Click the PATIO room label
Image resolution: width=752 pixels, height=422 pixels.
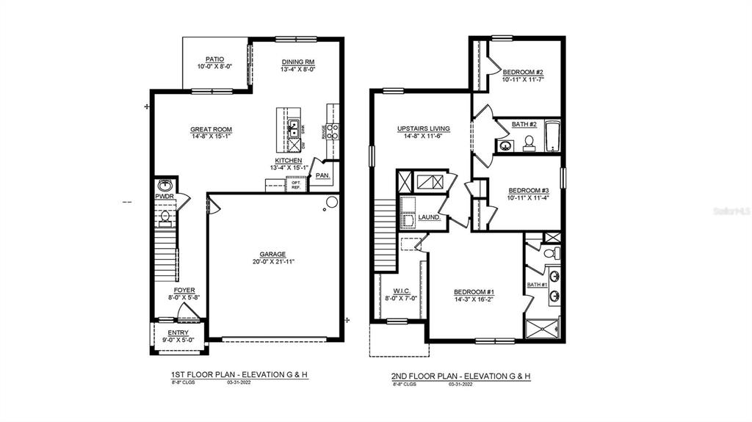[214, 59]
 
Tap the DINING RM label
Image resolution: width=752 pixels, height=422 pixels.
[298, 62]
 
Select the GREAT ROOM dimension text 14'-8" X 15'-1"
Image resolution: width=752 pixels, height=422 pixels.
[211, 137]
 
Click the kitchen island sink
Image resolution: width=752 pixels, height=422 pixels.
[294, 127]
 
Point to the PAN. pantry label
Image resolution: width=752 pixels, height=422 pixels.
[322, 176]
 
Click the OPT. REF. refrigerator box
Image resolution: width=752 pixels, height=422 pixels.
[296, 184]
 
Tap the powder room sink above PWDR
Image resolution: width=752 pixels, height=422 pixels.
[164, 185]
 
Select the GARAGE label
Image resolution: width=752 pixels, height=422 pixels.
[272, 254]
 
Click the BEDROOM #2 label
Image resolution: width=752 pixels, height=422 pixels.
[523, 72]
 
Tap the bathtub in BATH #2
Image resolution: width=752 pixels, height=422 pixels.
[552, 137]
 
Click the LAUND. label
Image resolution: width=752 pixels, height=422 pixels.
[429, 217]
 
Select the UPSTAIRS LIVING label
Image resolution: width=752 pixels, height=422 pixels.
[424, 128]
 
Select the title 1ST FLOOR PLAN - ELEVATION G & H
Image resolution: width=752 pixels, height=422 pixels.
[239, 375]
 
